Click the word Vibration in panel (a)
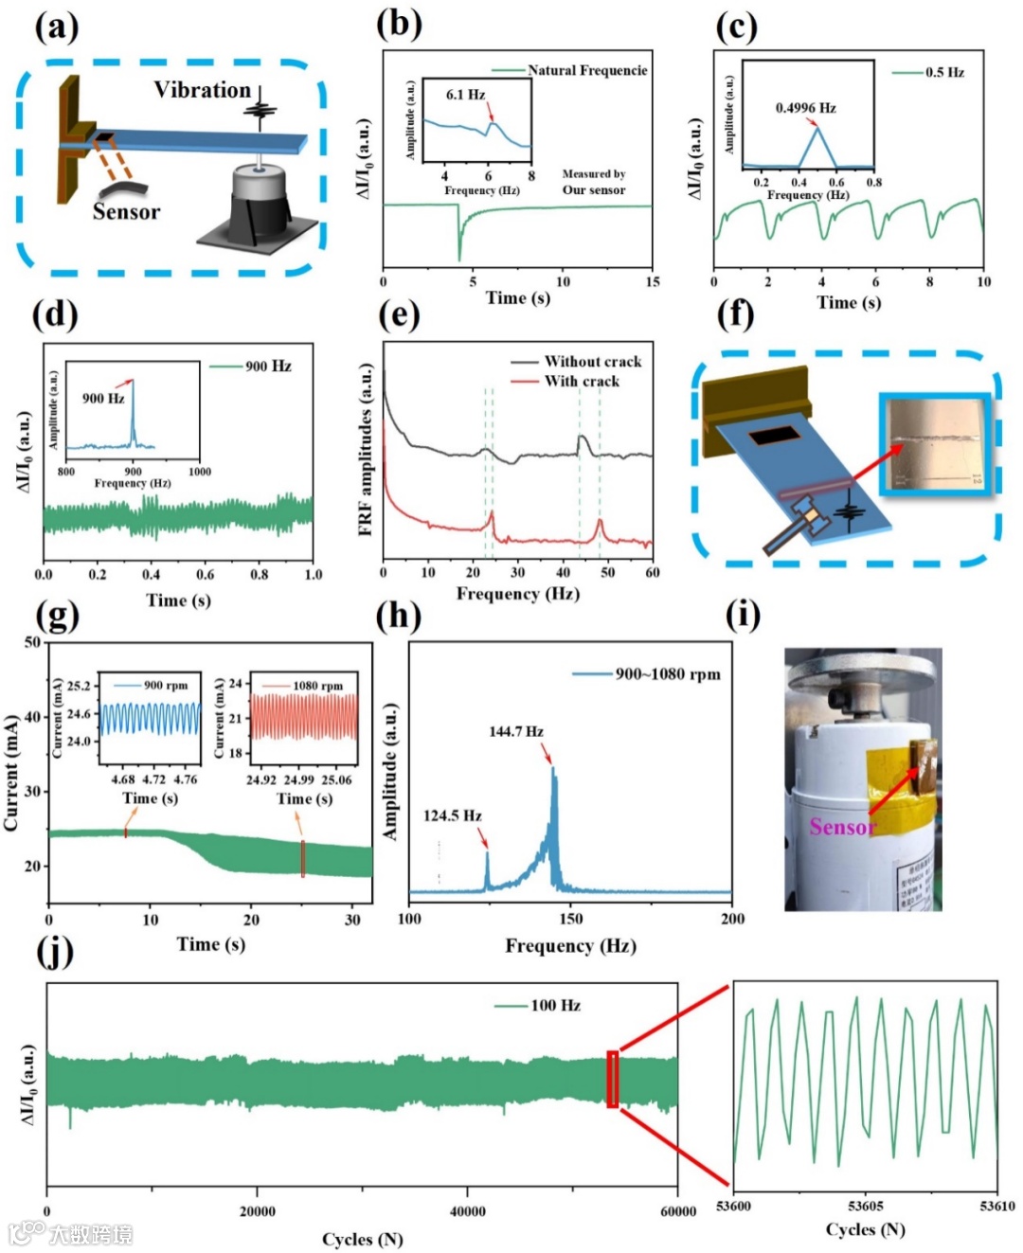point(202,90)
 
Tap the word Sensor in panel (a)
point(126,212)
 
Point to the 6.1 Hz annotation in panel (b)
point(465,95)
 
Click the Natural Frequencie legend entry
point(586,70)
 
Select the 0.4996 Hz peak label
point(805,108)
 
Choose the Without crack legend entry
point(592,362)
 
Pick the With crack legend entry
point(581,381)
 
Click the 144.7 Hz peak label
point(515,731)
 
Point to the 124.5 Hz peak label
point(452,815)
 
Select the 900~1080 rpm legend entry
point(667,673)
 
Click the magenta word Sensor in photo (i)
point(841,827)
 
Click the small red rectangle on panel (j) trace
point(612,1079)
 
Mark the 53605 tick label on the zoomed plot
point(865,1206)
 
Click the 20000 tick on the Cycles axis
point(257,1211)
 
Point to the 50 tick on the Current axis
point(32,642)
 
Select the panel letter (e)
point(398,314)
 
